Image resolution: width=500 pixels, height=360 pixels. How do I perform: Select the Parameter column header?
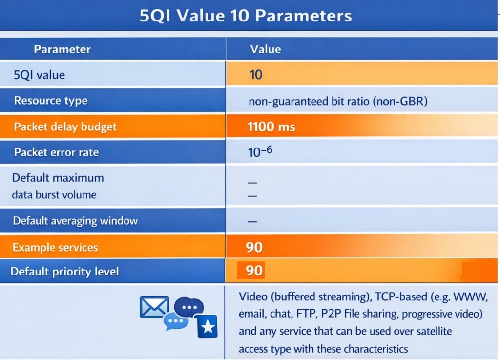[62, 49]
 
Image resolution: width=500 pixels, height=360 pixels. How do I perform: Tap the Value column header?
[265, 49]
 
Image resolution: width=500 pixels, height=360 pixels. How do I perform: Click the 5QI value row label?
[40, 75]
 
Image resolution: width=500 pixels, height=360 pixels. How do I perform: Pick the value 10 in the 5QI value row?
[256, 75]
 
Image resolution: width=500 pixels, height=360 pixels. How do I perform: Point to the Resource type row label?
[51, 101]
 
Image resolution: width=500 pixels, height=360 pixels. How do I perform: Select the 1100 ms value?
[271, 127]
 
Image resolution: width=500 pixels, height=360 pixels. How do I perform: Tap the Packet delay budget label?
[65, 127]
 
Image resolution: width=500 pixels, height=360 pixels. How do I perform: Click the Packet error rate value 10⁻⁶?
[260, 152]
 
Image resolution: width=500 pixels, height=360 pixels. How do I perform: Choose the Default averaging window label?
[75, 221]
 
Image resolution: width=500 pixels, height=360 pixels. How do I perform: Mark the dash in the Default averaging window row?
[252, 221]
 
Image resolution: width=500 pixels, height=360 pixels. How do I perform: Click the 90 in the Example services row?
[254, 247]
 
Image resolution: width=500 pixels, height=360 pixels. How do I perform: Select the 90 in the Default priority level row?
[254, 271]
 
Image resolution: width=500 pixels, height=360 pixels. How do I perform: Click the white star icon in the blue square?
[208, 326]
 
